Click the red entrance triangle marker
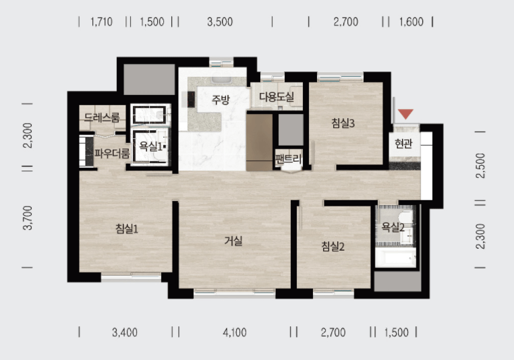(x=405, y=114)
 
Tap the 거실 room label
(x=233, y=241)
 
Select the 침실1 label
(x=127, y=229)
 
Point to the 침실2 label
(x=333, y=246)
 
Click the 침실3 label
(x=343, y=123)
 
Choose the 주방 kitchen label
(x=221, y=99)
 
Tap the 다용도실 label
(x=277, y=96)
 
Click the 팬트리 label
(x=289, y=159)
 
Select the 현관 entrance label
(x=403, y=143)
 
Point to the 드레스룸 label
(x=102, y=117)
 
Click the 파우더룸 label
(x=112, y=153)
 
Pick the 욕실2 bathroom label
(x=393, y=227)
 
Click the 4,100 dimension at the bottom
(x=235, y=332)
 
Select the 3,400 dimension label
(x=125, y=332)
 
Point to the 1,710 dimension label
(x=102, y=22)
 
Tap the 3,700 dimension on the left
(x=28, y=218)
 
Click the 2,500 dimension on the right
(x=480, y=165)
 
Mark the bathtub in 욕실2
(x=396, y=258)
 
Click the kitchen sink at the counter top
(x=222, y=80)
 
